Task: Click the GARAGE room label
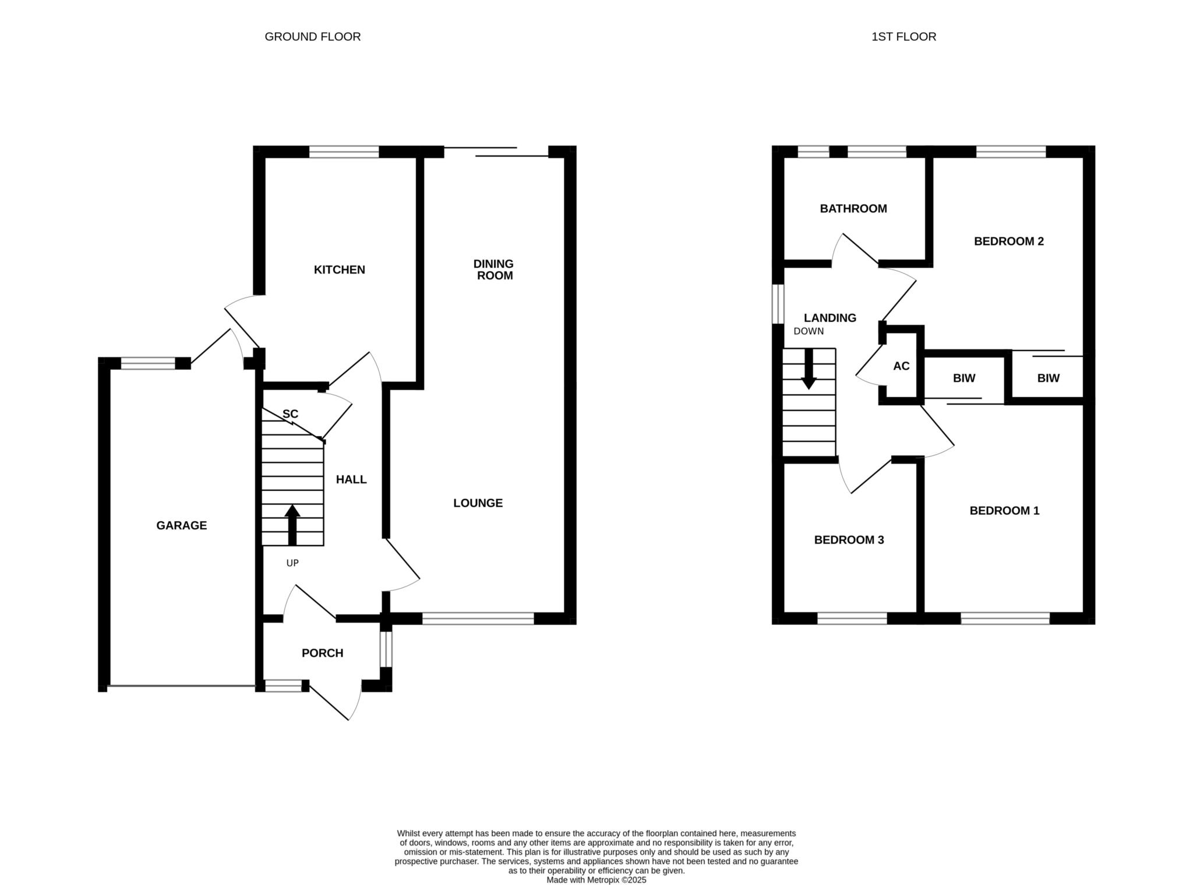click(x=181, y=525)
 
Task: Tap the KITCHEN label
click(x=340, y=270)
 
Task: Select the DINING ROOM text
click(x=493, y=270)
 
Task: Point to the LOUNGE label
click(x=478, y=503)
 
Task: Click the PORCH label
click(x=322, y=653)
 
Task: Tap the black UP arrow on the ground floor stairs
click(x=292, y=525)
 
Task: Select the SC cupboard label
click(x=290, y=414)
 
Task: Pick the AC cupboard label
click(x=901, y=366)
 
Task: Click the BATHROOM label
click(x=853, y=208)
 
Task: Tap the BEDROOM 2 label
click(x=1008, y=241)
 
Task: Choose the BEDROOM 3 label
click(x=849, y=540)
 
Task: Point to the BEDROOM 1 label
click(x=1004, y=511)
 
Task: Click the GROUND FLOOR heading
click(x=313, y=37)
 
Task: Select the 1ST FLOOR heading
click(x=903, y=37)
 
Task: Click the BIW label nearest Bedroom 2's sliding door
click(x=1048, y=378)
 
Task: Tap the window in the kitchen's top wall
click(x=344, y=152)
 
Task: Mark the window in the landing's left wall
click(x=778, y=303)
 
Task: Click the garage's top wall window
click(x=148, y=363)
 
